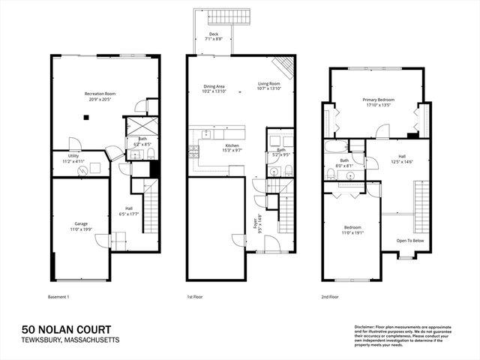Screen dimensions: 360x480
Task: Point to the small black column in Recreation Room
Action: (x=87, y=117)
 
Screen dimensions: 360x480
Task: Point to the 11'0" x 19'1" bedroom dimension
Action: (x=352, y=232)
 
